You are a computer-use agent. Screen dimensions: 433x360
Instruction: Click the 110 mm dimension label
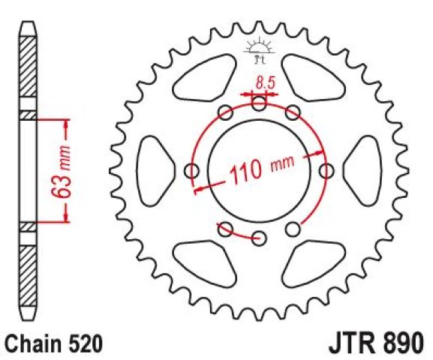[261, 169]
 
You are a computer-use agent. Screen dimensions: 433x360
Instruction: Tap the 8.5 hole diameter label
[266, 82]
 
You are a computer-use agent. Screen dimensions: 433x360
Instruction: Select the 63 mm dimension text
[62, 171]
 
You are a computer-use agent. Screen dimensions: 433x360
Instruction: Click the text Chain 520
[54, 343]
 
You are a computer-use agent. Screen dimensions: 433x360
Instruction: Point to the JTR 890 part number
[376, 343]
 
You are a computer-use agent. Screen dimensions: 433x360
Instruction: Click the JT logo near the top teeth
[260, 50]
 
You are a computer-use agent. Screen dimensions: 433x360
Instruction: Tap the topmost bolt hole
[259, 103]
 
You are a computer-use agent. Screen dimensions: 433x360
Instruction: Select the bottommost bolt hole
[260, 238]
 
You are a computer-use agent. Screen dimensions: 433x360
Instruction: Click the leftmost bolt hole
[191, 171]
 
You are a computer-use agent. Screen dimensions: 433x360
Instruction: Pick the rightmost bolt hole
[326, 171]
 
